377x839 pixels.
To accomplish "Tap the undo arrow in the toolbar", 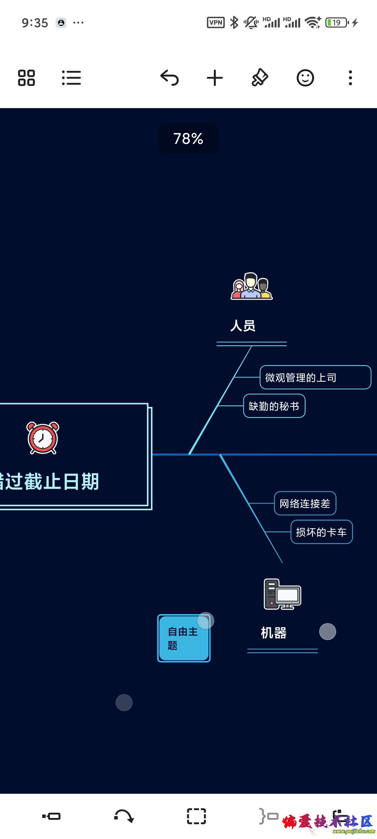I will [170, 78].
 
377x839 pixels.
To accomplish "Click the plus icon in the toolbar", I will [215, 78].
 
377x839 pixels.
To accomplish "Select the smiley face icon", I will [305, 78].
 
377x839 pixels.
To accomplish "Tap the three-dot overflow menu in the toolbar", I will [350, 78].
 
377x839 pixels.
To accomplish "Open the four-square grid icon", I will [26, 78].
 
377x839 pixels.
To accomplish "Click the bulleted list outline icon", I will [71, 78].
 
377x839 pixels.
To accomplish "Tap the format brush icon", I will [260, 78].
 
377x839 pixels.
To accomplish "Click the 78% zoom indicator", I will [188, 139].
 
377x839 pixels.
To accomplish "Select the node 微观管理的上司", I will [315, 377].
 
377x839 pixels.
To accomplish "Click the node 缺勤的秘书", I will [274, 406].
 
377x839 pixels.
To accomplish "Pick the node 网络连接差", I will [305, 503].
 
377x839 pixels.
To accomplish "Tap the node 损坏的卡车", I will [321, 532].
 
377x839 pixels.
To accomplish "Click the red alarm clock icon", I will [43, 438].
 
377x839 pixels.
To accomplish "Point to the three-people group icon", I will [251, 286].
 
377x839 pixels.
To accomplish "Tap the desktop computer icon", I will [282, 594].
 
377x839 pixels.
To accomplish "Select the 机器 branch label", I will [273, 633].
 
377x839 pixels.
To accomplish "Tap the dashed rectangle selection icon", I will [196, 816].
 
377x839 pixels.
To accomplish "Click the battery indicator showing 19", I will [337, 23].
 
